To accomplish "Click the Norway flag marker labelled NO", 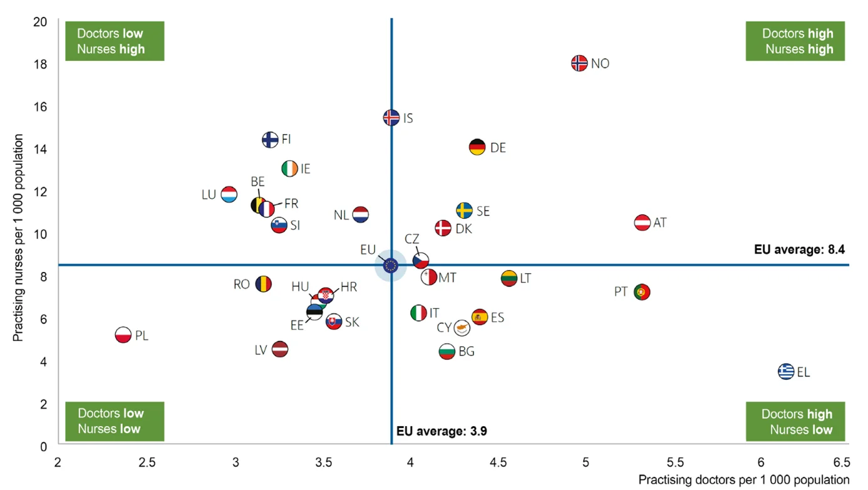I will [x=579, y=63].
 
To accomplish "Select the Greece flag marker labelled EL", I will [x=786, y=372].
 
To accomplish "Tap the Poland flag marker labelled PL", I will [x=123, y=335].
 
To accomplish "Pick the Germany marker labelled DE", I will [x=477, y=147].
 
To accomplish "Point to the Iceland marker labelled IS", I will [x=391, y=118].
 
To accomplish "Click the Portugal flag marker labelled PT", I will [x=642, y=292].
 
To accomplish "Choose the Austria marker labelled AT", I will [x=643, y=222].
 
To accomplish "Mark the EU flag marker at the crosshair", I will [x=391, y=266].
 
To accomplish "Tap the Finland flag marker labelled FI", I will [x=270, y=139].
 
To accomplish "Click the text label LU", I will [x=209, y=195].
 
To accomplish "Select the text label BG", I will [x=467, y=352].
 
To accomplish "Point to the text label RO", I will [x=242, y=284].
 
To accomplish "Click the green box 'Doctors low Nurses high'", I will [x=114, y=41].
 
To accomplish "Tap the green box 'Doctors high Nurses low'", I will [x=795, y=422].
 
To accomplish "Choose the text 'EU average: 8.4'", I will [x=799, y=249].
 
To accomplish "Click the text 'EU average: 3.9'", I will [x=442, y=431].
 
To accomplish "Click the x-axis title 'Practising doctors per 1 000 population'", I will [x=743, y=480].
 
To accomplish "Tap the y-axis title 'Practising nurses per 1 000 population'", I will [x=18, y=237].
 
